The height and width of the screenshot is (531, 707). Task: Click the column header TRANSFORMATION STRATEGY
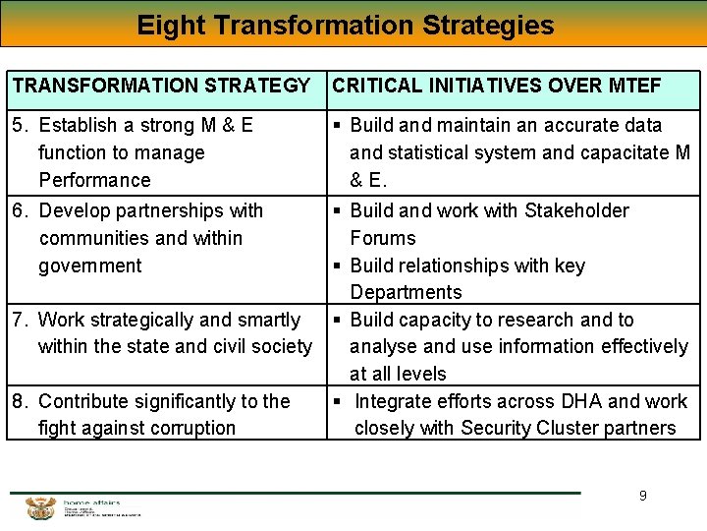(x=161, y=86)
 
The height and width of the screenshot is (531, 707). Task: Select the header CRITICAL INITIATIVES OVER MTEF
(x=497, y=86)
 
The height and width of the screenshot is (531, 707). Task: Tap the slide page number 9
(x=643, y=496)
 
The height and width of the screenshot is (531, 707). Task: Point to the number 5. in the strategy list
(x=20, y=125)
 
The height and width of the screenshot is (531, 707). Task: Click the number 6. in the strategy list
(x=20, y=210)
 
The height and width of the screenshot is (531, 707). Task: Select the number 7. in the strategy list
(x=20, y=320)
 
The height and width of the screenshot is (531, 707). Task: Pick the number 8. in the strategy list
(x=20, y=401)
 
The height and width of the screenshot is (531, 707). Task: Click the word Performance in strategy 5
(x=94, y=180)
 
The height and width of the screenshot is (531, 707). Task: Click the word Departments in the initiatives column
(x=406, y=292)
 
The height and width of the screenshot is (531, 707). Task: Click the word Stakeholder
(x=576, y=210)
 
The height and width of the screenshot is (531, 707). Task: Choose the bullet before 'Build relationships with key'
(x=337, y=265)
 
